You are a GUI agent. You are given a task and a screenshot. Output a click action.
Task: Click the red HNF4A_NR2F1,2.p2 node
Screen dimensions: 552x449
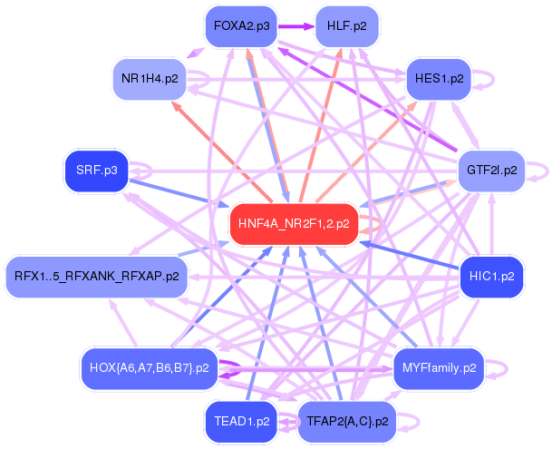pos(294,223)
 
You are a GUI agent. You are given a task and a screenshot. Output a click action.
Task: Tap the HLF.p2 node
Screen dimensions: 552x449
pos(346,25)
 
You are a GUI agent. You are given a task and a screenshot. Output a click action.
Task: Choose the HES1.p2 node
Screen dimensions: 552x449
pos(439,79)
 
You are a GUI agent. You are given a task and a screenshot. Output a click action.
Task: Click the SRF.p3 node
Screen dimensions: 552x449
pos(97,170)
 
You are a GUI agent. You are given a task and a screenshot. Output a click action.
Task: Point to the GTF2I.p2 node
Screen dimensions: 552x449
pos(491,170)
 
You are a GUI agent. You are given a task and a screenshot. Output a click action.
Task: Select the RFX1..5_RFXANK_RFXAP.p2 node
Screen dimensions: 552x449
pos(97,276)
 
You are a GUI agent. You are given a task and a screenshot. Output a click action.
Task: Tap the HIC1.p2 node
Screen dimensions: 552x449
pos(491,276)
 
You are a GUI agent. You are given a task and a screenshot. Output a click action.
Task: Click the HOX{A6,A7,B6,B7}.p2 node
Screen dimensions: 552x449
pos(150,368)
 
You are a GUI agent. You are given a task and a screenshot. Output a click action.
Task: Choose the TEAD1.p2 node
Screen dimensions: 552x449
pos(241,421)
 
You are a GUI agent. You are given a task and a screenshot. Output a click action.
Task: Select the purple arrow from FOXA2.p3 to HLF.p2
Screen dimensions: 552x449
pos(296,25)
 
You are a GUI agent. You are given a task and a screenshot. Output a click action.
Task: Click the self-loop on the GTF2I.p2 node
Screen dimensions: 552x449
pos(541,169)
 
